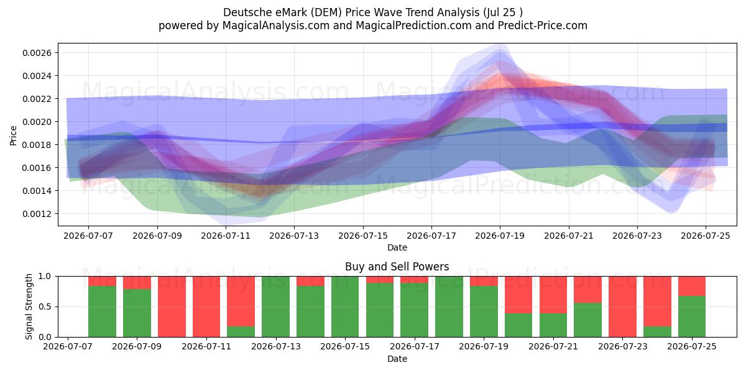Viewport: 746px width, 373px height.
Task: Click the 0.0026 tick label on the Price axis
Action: pos(37,53)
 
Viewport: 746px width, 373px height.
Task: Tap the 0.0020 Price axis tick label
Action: pos(37,122)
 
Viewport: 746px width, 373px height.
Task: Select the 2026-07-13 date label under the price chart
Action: pos(294,236)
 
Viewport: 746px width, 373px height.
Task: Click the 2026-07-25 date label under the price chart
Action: pos(706,236)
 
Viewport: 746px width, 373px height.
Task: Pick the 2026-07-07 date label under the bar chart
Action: pos(68,346)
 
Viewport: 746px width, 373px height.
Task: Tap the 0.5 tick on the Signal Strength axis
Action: pos(45,306)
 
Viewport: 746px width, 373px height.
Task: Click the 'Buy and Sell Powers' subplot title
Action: pos(397,267)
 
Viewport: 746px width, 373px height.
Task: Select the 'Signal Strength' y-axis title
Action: pos(29,306)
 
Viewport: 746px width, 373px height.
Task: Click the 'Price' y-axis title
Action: pos(13,136)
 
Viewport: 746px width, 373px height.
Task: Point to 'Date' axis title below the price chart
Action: pos(397,248)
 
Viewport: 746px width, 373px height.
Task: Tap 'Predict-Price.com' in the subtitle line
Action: pos(543,25)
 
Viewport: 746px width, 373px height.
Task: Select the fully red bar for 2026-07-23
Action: pos(622,306)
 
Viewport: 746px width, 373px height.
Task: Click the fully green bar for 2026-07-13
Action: pos(275,306)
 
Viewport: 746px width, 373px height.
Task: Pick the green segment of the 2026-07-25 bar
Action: pos(692,316)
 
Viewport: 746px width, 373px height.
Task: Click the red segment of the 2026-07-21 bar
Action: pos(553,295)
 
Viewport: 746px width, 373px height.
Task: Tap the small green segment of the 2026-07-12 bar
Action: pos(241,332)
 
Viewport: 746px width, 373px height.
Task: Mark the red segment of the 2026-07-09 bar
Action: pos(137,283)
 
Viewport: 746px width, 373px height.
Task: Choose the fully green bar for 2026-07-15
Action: pos(345,306)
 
